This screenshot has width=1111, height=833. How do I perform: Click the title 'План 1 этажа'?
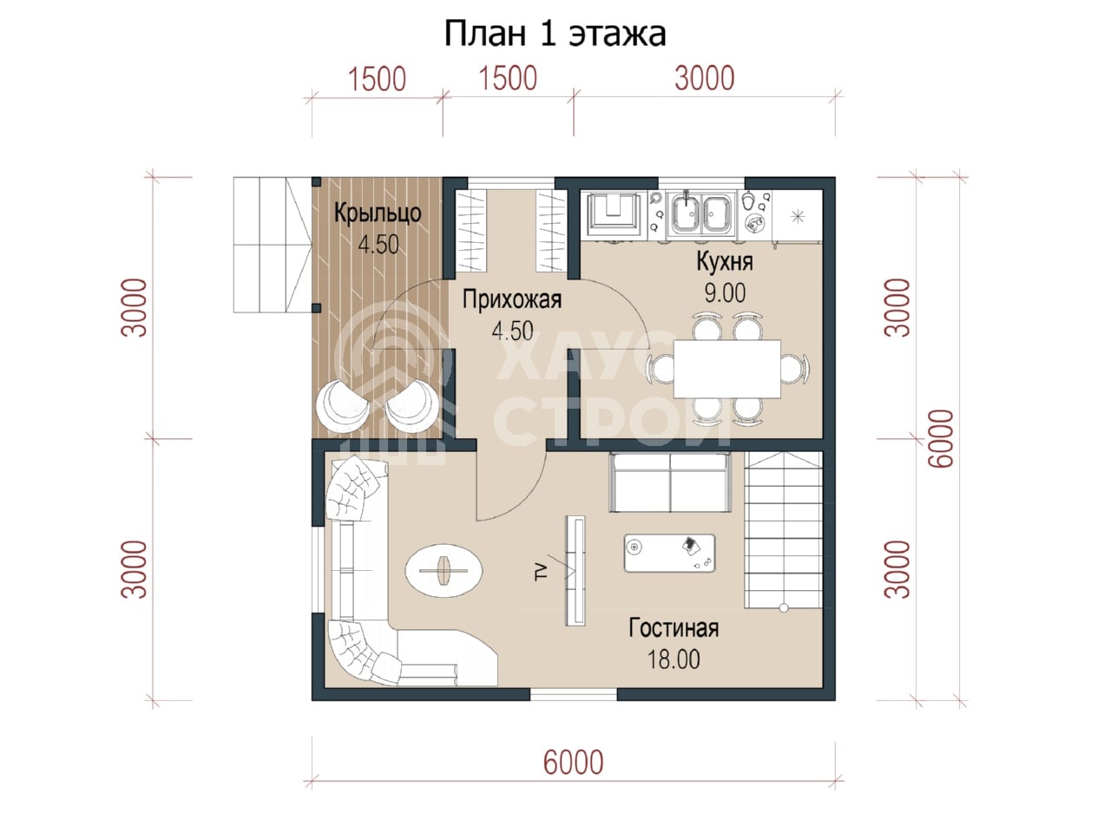tap(555, 34)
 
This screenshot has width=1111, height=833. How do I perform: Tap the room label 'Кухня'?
tap(724, 261)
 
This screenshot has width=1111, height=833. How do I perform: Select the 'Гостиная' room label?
tap(674, 627)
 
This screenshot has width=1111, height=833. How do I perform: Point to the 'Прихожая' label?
tap(512, 299)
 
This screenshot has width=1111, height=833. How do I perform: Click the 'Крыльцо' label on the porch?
tap(378, 213)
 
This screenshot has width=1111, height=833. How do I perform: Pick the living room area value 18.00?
tap(674, 659)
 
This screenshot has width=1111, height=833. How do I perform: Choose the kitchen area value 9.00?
tap(725, 292)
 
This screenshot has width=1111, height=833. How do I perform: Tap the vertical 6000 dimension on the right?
tap(940, 438)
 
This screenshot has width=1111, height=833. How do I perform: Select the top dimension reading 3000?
tap(704, 78)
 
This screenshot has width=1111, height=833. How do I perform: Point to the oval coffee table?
tap(444, 570)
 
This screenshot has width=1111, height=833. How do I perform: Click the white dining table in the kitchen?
tap(726, 369)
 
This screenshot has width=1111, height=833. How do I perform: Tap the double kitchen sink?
tap(700, 214)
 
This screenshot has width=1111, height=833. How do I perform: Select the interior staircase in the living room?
tap(783, 529)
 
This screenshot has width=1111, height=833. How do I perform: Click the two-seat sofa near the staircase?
tap(669, 482)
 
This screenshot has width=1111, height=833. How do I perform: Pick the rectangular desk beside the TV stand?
tap(669, 553)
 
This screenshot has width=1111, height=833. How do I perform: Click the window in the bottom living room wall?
tap(573, 694)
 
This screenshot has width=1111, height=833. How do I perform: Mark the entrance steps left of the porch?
tap(272, 245)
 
